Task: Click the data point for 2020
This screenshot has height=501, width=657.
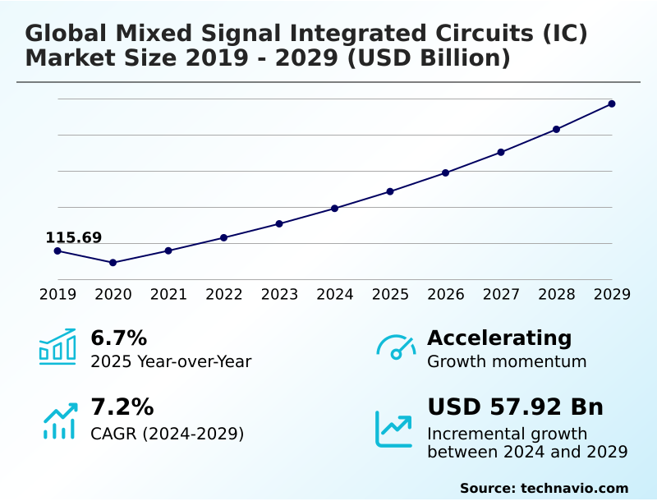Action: tap(113, 263)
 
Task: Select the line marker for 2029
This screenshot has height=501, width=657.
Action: tap(612, 103)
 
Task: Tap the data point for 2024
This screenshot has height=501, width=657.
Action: tap(335, 208)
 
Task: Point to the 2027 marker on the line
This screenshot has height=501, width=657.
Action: tap(501, 152)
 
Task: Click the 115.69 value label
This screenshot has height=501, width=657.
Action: tap(73, 238)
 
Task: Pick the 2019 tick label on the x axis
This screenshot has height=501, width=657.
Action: tap(57, 294)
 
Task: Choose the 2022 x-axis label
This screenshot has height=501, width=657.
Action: tap(224, 294)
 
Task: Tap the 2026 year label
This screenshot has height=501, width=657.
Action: tap(446, 294)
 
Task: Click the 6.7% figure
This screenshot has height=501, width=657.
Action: tap(118, 338)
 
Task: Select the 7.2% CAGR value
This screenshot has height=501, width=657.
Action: tap(122, 407)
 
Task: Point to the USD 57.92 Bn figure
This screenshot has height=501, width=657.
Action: tap(515, 407)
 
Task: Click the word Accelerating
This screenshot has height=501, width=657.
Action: tap(499, 338)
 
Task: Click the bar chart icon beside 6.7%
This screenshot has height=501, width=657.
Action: tap(57, 347)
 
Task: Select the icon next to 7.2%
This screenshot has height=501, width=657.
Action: tap(59, 421)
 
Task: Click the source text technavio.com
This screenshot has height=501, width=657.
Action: tap(574, 488)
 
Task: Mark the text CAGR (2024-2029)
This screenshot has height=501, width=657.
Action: tap(167, 433)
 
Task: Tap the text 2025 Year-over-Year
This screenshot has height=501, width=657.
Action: tap(171, 361)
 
